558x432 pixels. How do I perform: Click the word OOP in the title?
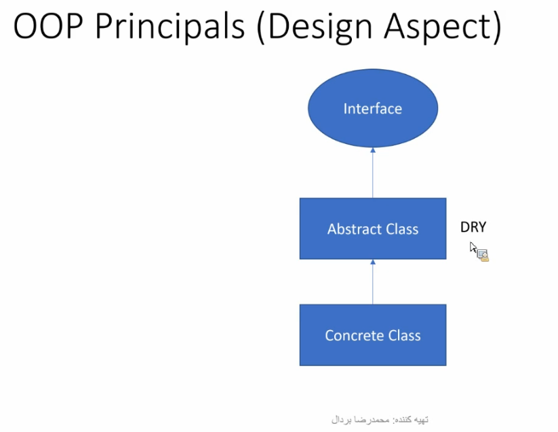pos(48,26)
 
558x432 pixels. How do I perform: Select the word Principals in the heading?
pos(170,26)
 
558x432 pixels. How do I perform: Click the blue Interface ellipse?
pos(373,108)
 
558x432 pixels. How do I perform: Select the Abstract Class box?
pos(373,228)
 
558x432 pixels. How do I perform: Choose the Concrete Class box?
pos(373,335)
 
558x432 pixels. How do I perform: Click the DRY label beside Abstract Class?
pos(473,227)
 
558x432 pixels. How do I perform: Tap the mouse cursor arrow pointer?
pos(473,247)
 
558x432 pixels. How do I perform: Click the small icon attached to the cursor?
pos(483,255)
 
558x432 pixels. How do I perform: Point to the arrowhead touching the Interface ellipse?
pos(373,150)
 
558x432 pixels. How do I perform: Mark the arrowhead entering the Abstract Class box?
pos(373,262)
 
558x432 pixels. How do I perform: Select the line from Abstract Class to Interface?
pos(373,173)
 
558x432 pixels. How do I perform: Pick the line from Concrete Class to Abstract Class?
pos(373,282)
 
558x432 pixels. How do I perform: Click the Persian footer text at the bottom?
pos(380,420)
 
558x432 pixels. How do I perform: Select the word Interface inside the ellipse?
pos(373,109)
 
